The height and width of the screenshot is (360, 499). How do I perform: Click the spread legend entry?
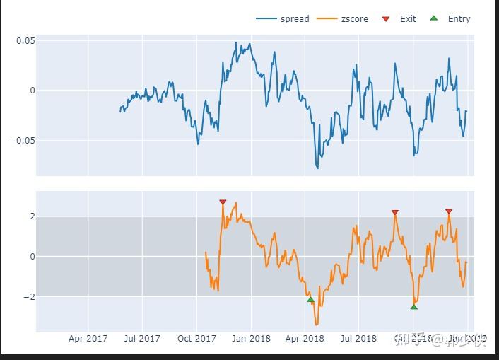(x=295, y=19)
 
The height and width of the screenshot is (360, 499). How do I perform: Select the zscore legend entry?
(x=354, y=19)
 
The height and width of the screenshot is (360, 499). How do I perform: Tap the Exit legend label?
(x=408, y=19)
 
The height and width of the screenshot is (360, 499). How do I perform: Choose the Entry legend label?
(x=459, y=19)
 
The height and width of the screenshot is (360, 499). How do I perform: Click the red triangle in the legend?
(x=385, y=19)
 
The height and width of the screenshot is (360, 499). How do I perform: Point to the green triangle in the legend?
(x=433, y=19)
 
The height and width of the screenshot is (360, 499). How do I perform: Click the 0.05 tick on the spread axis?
(x=25, y=41)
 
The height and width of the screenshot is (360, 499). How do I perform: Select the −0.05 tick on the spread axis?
(x=22, y=140)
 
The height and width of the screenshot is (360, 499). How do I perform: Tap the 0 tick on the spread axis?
(x=31, y=91)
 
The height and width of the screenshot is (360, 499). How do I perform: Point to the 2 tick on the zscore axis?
(x=31, y=216)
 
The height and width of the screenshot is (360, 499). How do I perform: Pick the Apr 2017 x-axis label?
(x=88, y=339)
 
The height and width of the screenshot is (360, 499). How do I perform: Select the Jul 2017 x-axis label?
(x=142, y=339)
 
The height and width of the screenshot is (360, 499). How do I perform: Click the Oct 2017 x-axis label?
(x=196, y=339)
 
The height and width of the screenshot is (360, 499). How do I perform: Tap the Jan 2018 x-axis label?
(x=251, y=339)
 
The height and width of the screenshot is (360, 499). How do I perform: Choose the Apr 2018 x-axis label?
(x=305, y=339)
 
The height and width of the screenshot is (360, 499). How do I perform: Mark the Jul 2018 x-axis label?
(x=358, y=339)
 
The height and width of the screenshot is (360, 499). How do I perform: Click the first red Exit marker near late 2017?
(x=223, y=202)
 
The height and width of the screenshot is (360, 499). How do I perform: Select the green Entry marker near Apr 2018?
(x=310, y=300)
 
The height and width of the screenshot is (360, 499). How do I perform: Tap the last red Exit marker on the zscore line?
(x=449, y=211)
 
